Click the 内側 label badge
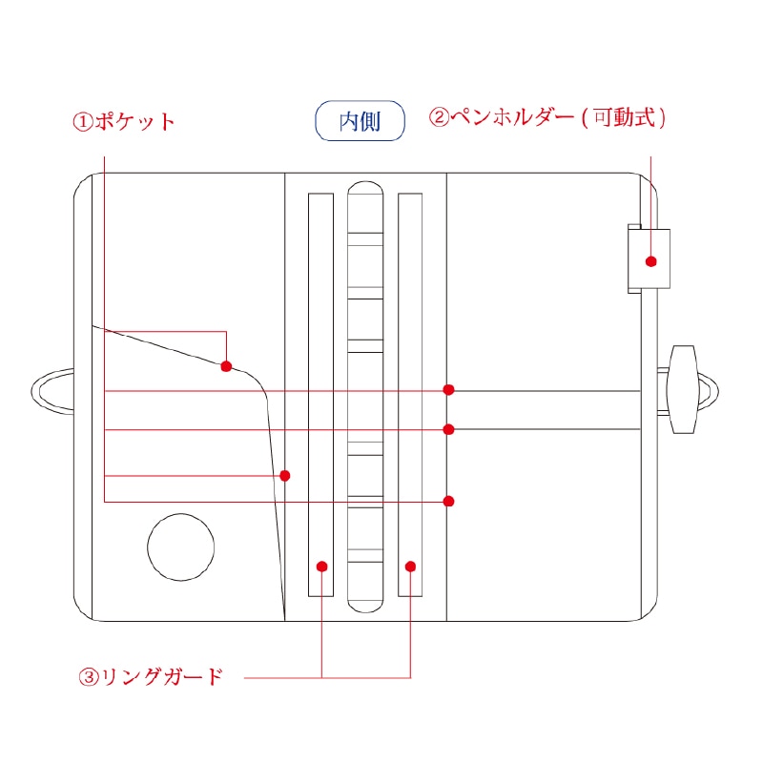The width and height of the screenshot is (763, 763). coord(360,121)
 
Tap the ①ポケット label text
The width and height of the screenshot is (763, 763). coord(124,122)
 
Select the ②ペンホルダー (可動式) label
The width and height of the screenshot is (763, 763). coord(546,117)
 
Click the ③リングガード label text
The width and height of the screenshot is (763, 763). coord(151,676)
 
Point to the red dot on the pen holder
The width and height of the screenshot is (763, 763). coord(651,261)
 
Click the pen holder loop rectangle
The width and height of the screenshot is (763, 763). coord(649,258)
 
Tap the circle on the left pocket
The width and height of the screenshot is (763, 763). coord(181,546)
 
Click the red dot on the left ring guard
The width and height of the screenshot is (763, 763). coord(321,567)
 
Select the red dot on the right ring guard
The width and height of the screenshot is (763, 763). coord(410,567)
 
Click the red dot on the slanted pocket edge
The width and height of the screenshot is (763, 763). coord(226,366)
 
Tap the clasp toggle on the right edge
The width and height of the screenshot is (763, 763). coord(683,389)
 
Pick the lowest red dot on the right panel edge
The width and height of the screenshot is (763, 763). coord(448,502)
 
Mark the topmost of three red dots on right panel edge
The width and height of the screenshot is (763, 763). coord(448,390)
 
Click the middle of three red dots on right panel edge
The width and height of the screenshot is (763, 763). coord(448,429)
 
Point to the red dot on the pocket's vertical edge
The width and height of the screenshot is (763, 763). coord(285,475)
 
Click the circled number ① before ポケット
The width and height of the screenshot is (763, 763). coord(83,122)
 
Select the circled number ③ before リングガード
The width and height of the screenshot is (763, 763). coord(89,677)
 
